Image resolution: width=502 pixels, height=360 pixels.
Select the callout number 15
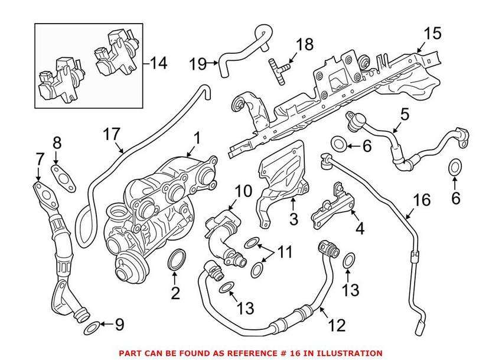pos(432,34)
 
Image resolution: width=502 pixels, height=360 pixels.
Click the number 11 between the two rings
pos(285,253)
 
